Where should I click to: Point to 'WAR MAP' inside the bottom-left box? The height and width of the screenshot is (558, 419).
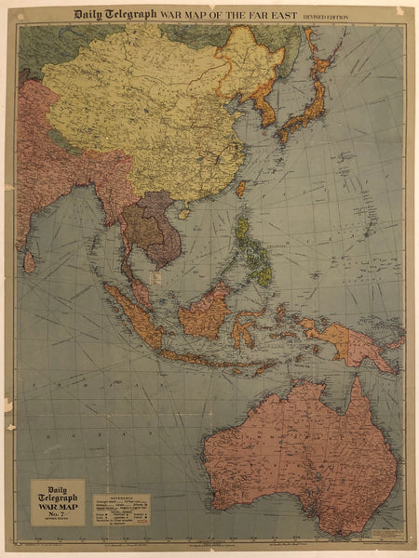click(x=58, y=498)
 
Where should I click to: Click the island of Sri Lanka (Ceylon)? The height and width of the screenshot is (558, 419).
click(x=30, y=261)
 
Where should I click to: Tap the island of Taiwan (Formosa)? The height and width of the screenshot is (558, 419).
click(x=240, y=188)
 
